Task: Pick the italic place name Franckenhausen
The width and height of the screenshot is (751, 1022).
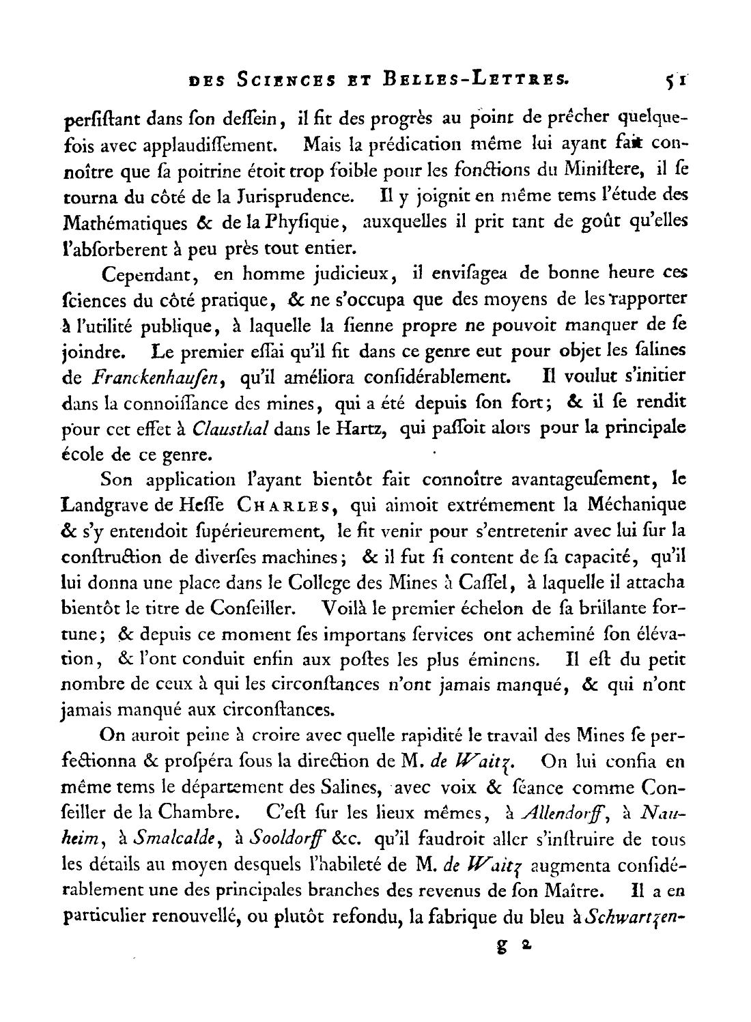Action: (x=154, y=376)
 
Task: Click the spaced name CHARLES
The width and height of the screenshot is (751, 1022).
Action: (x=285, y=506)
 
